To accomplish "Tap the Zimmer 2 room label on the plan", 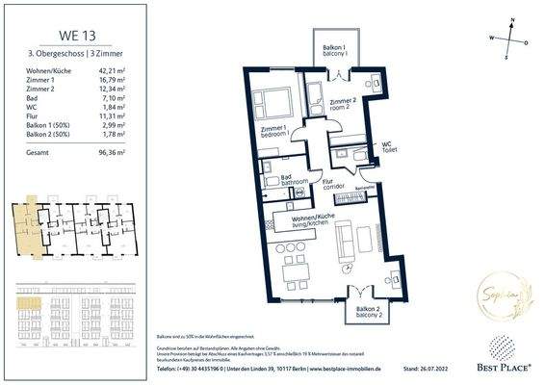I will click(343, 105).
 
